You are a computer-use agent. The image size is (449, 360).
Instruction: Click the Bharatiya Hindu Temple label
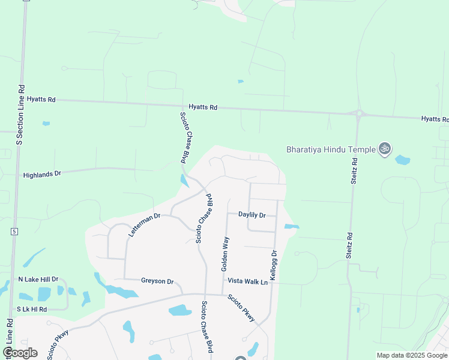pyautogui.click(x=330, y=149)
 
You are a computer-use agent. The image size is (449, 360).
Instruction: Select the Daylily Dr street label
pyautogui.click(x=252, y=214)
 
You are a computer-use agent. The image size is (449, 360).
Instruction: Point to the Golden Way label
pyautogui.click(x=226, y=254)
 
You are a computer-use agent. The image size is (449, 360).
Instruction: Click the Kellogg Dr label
pyautogui.click(x=274, y=262)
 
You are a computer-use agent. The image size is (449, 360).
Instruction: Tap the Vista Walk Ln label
pyautogui.click(x=247, y=281)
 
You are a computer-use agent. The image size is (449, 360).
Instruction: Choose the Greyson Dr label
pyautogui.click(x=157, y=281)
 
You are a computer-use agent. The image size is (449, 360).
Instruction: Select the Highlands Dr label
pyautogui.click(x=42, y=175)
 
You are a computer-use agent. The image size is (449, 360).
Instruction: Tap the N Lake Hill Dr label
pyautogui.click(x=38, y=279)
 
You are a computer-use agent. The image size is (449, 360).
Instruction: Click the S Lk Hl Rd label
pyautogui.click(x=32, y=308)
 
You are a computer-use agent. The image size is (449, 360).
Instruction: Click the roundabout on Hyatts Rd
pyautogui.click(x=359, y=113)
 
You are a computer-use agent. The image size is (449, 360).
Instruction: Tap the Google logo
pyautogui.click(x=19, y=353)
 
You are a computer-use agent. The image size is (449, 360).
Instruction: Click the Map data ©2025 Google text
pyautogui.click(x=412, y=355)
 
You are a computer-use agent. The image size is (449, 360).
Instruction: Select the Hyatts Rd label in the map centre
pyautogui.click(x=202, y=107)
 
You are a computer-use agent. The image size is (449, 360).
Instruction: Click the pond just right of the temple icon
pyautogui.click(x=403, y=160)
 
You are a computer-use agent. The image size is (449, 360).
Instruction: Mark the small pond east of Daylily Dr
pyautogui.click(x=291, y=227)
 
